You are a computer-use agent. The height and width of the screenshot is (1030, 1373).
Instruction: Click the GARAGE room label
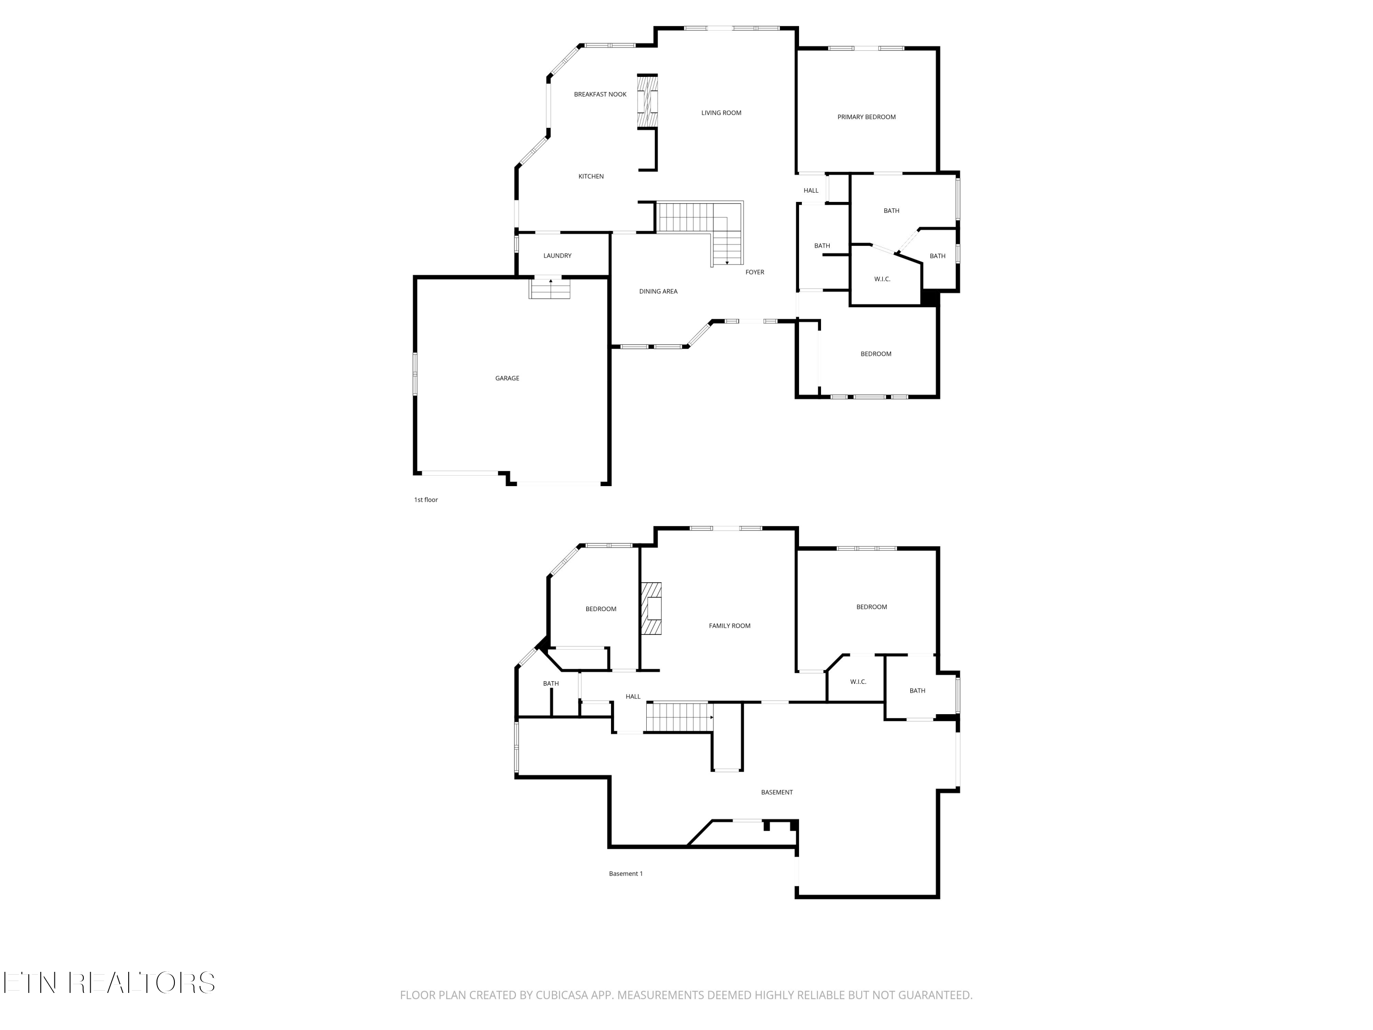[507, 378]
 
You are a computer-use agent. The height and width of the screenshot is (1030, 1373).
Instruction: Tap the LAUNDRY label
[557, 256]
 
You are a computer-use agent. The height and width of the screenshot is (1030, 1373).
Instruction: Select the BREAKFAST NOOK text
[600, 94]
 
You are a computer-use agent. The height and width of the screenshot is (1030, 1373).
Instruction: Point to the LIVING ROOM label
[721, 113]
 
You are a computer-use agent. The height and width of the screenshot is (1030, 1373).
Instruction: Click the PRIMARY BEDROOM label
[866, 117]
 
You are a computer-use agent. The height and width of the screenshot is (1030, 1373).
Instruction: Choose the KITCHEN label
[590, 176]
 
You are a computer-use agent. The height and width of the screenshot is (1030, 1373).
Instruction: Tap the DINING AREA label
[658, 291]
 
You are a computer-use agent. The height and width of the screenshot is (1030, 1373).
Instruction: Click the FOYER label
[754, 272]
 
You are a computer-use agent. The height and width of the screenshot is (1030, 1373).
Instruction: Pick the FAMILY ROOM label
[730, 626]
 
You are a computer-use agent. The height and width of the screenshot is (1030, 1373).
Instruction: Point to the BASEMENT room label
[777, 792]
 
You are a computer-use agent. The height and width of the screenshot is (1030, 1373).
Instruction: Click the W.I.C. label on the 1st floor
[882, 279]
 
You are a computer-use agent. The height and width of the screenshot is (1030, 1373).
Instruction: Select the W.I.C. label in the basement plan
[858, 682]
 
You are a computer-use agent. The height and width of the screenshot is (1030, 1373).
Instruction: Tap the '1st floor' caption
[426, 500]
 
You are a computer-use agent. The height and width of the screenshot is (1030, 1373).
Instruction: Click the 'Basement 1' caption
[626, 873]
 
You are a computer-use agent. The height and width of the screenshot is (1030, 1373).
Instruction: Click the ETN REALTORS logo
[109, 983]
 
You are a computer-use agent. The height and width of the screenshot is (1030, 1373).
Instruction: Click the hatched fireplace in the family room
[651, 608]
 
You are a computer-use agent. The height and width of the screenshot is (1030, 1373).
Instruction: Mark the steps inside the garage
[549, 289]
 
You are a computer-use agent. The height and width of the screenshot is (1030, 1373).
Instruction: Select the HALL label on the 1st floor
[811, 190]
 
